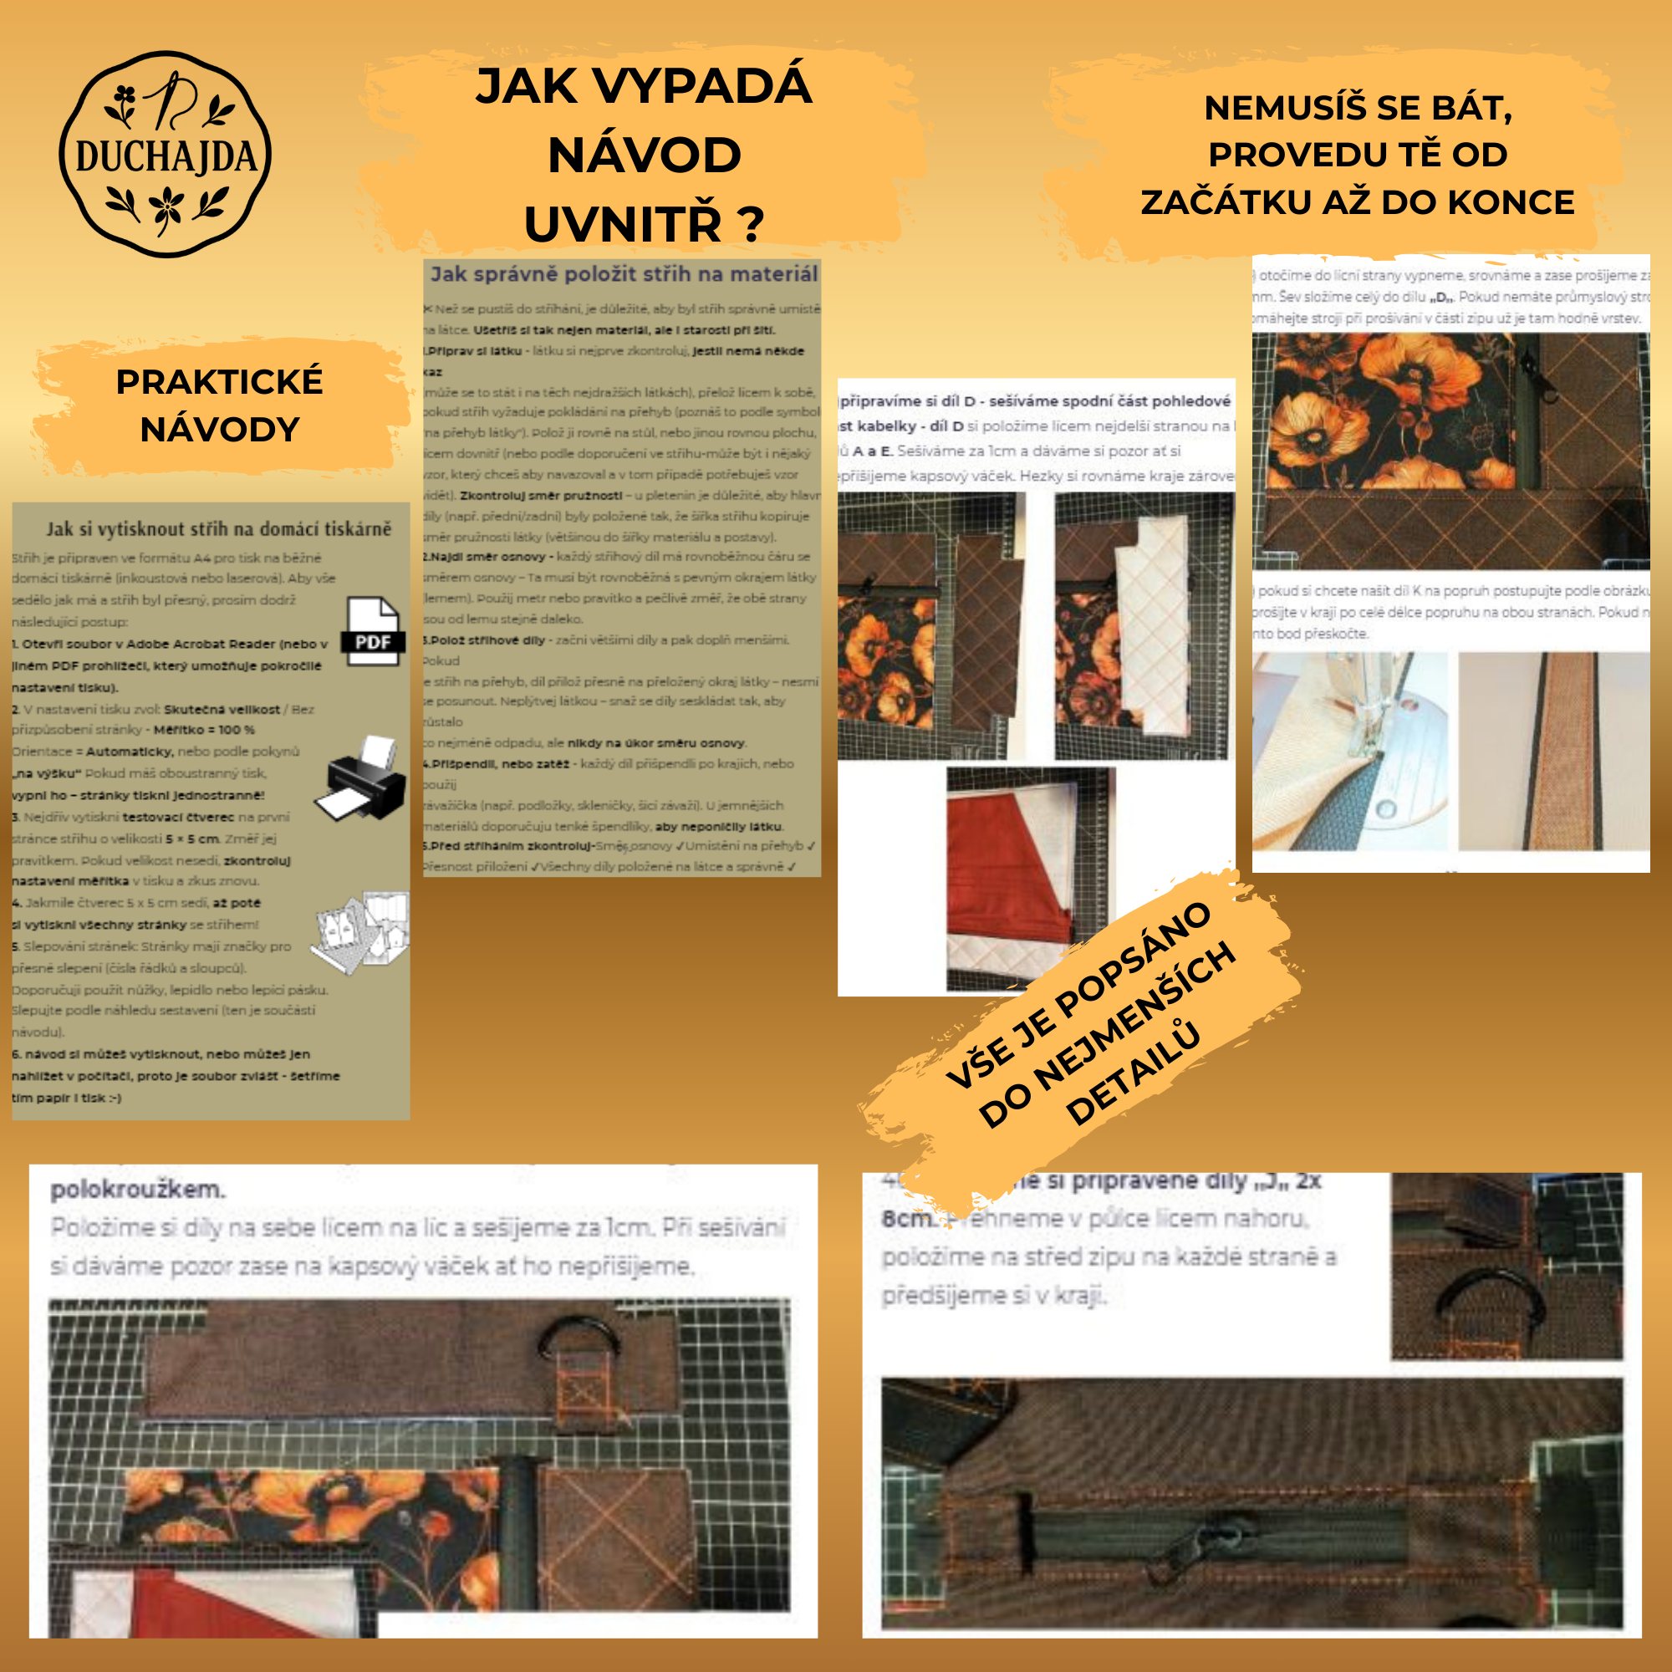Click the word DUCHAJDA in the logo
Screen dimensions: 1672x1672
(x=166, y=156)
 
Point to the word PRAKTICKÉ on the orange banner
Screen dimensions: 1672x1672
(x=219, y=382)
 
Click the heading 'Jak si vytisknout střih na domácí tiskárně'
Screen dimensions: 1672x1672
(x=218, y=529)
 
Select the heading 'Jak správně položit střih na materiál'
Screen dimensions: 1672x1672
(x=623, y=274)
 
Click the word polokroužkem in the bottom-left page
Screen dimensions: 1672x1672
(x=138, y=1189)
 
